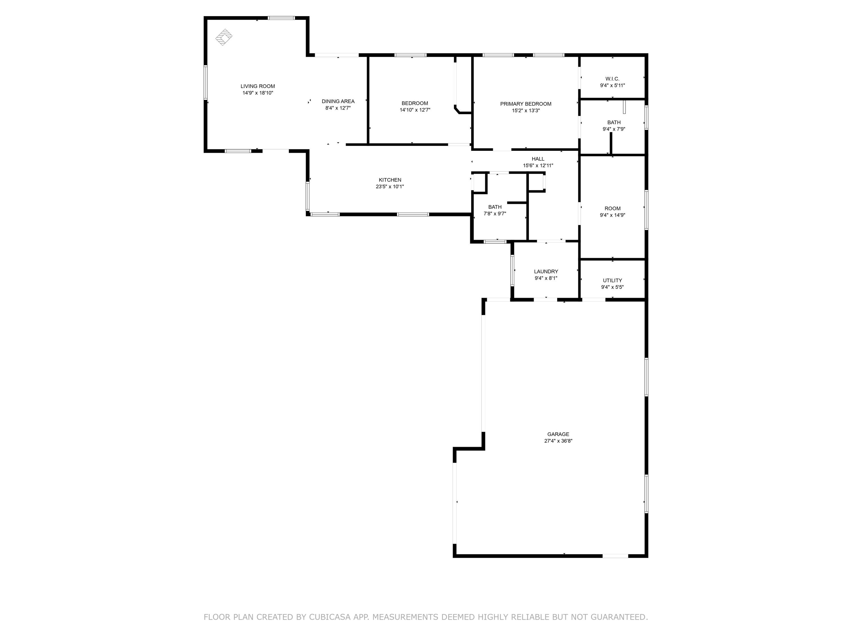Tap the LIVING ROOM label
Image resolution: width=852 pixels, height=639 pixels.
[258, 86]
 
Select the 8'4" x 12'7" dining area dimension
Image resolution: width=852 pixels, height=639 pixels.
[338, 108]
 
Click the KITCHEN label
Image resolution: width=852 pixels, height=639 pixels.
[390, 180]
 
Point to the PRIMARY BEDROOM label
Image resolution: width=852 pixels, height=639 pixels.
[525, 104]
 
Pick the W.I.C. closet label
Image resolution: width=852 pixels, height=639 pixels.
[612, 79]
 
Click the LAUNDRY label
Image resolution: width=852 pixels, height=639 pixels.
[546, 272]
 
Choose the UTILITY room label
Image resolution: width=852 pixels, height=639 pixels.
[612, 280]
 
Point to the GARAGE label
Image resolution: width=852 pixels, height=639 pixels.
[558, 434]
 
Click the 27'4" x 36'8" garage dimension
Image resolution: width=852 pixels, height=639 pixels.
[558, 441]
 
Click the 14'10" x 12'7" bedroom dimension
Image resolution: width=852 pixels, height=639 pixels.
[415, 110]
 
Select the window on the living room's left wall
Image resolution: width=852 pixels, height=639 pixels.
[206, 82]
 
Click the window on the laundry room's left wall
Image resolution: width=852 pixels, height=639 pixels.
[512, 270]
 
